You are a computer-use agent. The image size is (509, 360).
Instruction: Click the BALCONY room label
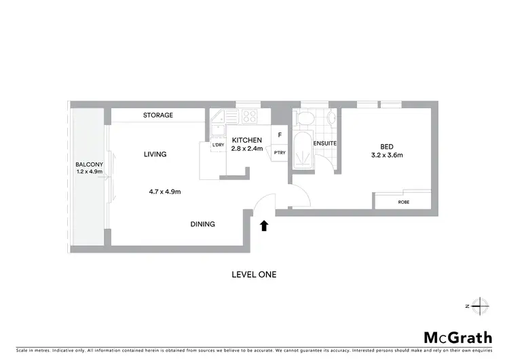pyautogui.click(x=89, y=164)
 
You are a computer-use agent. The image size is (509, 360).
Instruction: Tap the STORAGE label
pyautogui.click(x=158, y=115)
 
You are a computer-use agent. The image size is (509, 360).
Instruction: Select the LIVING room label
pyautogui.click(x=155, y=154)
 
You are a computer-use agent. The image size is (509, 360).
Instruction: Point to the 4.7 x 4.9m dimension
pyautogui.click(x=165, y=192)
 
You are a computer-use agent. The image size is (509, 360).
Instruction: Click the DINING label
pyautogui.click(x=203, y=224)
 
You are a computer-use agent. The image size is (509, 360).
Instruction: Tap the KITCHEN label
pyautogui.click(x=246, y=140)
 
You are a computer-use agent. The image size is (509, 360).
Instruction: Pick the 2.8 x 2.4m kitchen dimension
pyautogui.click(x=246, y=148)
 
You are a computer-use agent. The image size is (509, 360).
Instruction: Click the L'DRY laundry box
pyautogui.click(x=218, y=145)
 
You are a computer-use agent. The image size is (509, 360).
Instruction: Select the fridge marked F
pyautogui.click(x=280, y=134)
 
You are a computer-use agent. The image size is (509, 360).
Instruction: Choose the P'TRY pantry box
pyautogui.click(x=280, y=152)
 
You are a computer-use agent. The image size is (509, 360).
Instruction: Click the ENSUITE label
pyautogui.click(x=325, y=144)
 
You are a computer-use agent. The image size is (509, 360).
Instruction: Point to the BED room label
pyautogui.click(x=387, y=147)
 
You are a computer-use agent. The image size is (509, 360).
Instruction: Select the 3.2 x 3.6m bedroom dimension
pyautogui.click(x=387, y=156)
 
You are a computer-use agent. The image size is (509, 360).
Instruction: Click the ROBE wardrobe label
pyautogui.click(x=403, y=202)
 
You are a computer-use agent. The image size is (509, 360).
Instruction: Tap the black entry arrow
pyautogui.click(x=264, y=225)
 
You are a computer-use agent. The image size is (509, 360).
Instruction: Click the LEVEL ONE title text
pyautogui.click(x=254, y=275)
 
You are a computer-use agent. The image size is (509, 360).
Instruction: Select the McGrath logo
pyautogui.click(x=458, y=338)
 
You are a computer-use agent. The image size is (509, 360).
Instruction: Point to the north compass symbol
pyautogui.click(x=479, y=306)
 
